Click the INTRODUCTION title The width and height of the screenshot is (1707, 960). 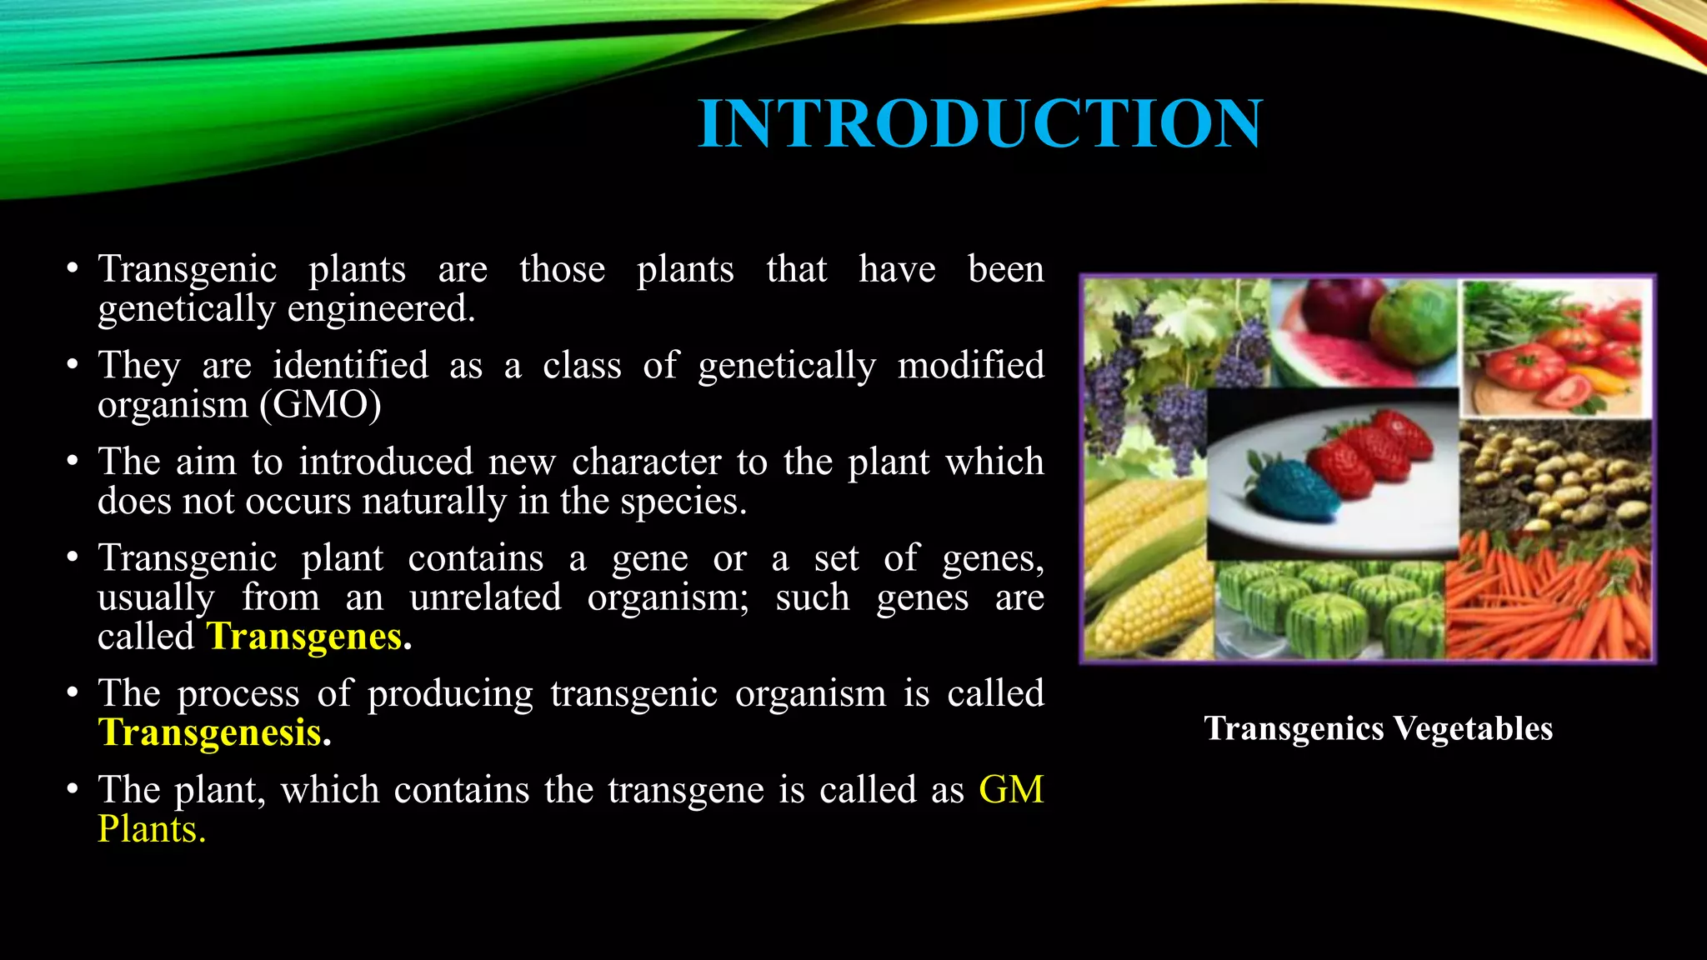tap(980, 123)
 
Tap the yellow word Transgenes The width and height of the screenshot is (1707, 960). tap(305, 637)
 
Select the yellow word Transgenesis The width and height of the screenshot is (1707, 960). tap(210, 732)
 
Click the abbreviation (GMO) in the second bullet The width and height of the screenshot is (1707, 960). tap(321, 405)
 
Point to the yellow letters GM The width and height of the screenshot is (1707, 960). tap(1010, 789)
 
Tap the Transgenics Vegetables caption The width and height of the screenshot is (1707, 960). tap(1378, 728)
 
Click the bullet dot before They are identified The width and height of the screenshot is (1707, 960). tap(73, 365)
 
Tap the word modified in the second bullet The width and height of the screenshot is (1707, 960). tap(970, 365)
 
